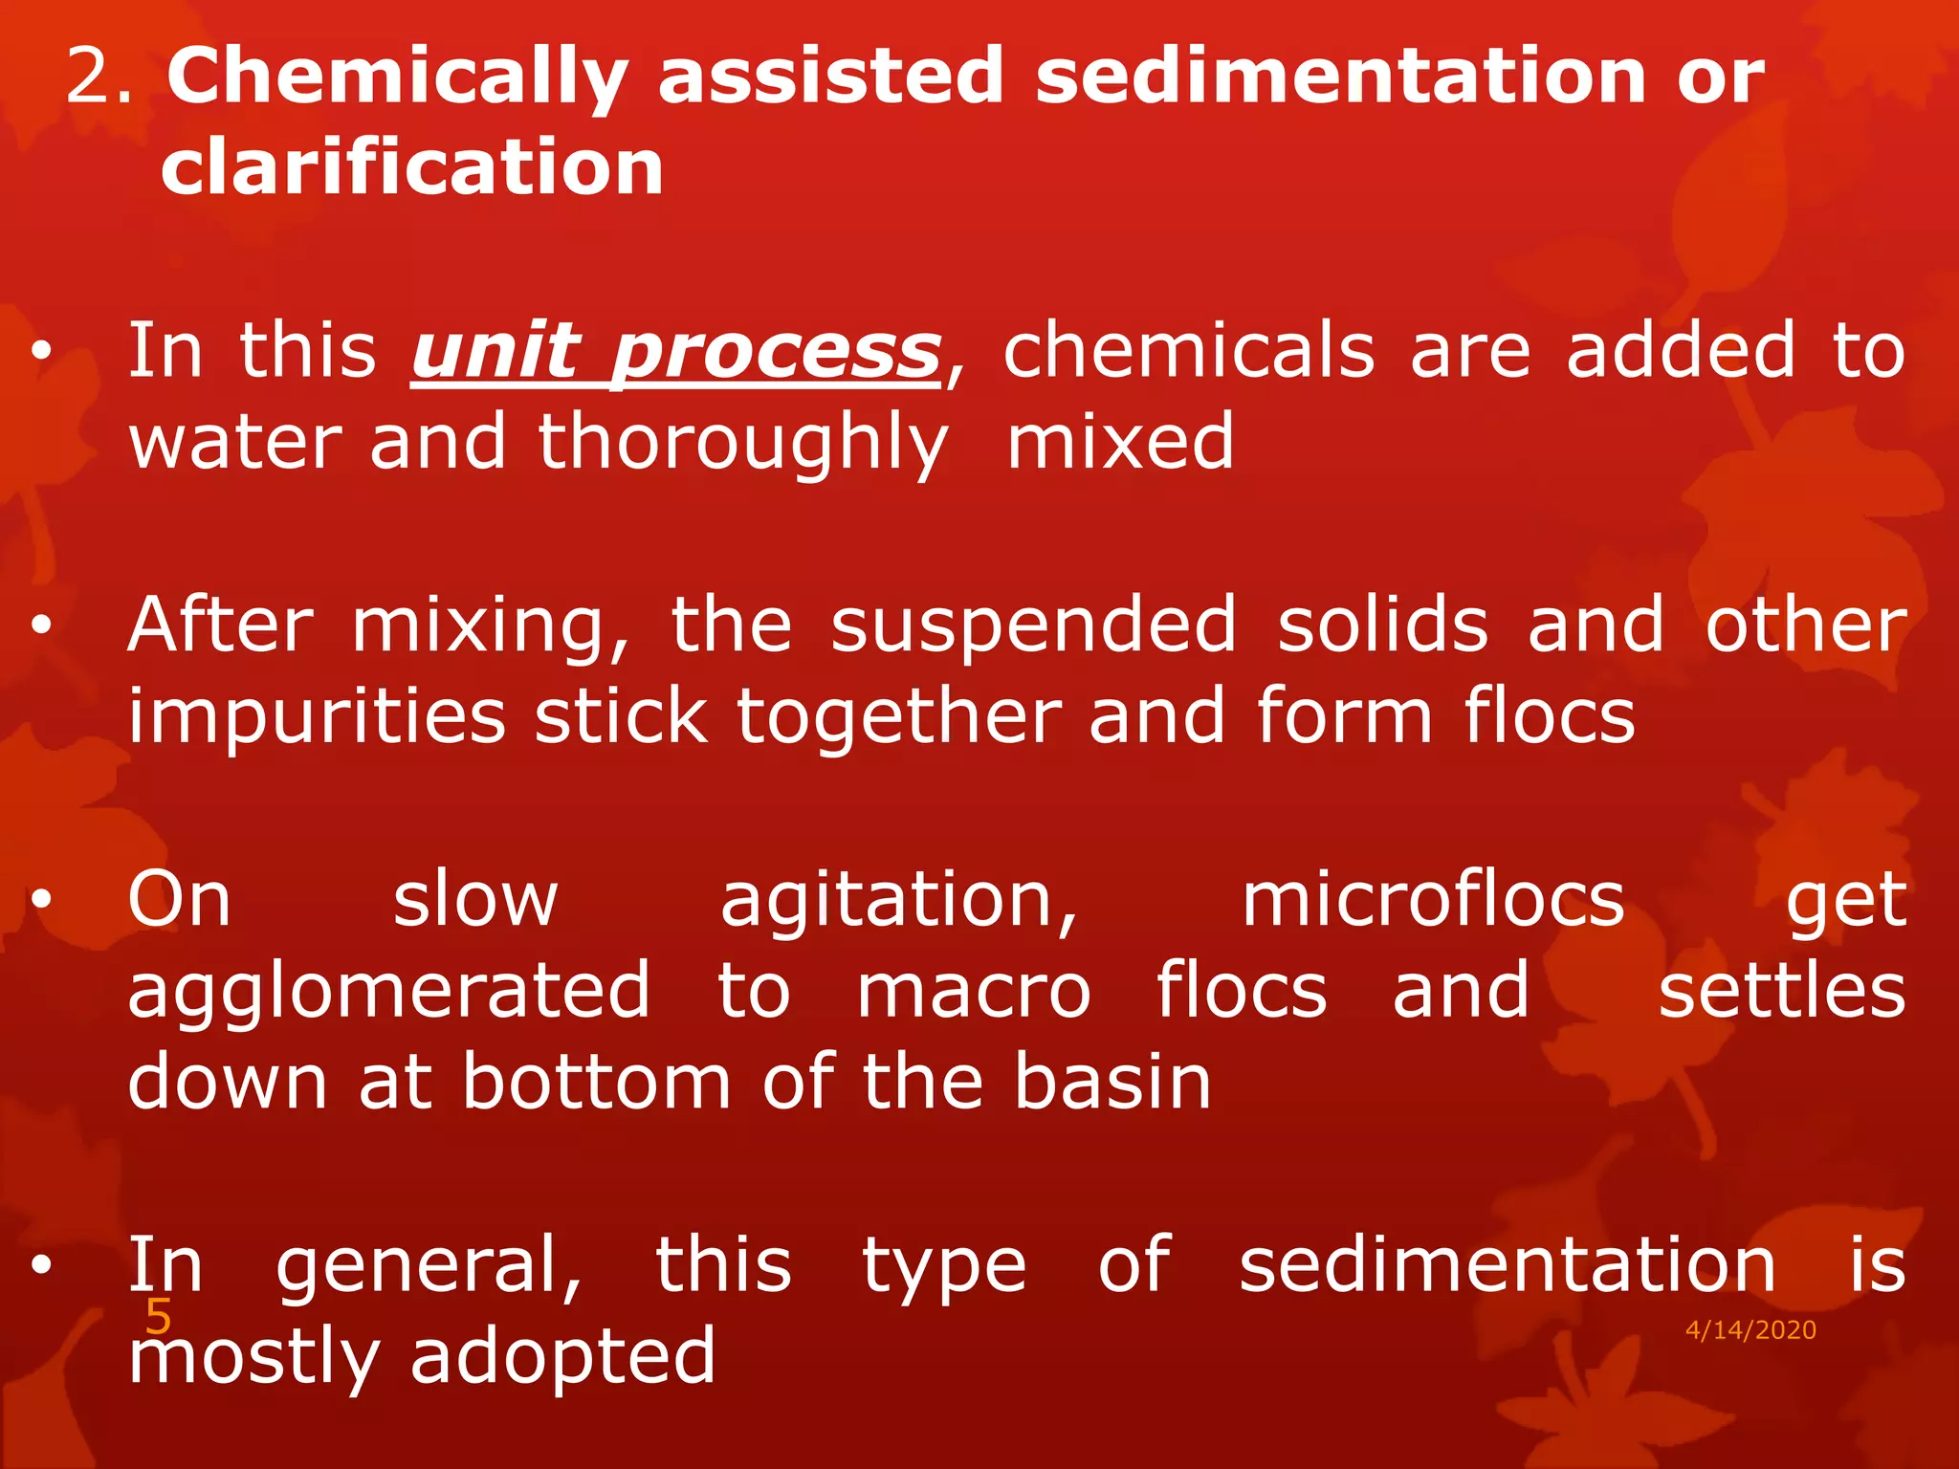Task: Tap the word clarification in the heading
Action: coord(412,168)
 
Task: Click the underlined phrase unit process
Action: coord(676,352)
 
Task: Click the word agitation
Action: coord(899,901)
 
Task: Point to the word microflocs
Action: coord(1433,901)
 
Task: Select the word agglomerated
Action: coord(389,992)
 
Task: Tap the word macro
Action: coord(974,992)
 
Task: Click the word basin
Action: coord(1112,1083)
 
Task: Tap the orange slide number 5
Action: coord(158,1318)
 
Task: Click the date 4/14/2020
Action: coord(1750,1330)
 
